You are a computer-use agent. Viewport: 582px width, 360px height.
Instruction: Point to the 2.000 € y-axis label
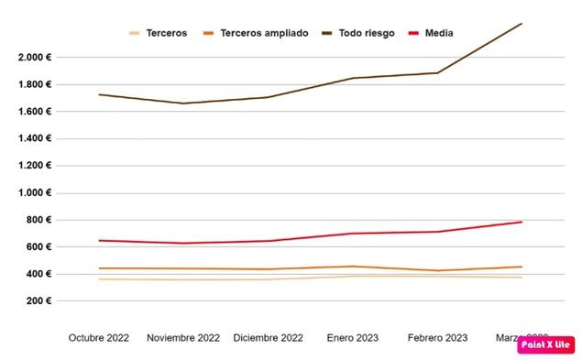[x=35, y=58]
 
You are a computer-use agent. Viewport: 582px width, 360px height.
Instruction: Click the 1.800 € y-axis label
[x=35, y=85]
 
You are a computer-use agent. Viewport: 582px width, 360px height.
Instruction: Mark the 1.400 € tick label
[x=35, y=139]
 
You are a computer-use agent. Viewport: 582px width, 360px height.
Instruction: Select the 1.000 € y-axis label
[x=35, y=193]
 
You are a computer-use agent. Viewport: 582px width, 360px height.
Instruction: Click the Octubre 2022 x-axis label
[x=99, y=338]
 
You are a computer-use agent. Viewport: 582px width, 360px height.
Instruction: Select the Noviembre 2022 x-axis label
[x=183, y=338]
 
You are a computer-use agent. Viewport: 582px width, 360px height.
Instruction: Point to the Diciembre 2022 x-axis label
[x=269, y=338]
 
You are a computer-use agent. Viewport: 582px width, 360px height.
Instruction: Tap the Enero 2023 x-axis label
[x=353, y=338]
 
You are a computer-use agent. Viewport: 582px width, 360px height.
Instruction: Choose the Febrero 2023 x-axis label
[x=437, y=338]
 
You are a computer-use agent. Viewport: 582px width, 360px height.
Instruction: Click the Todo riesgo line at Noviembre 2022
[x=183, y=104]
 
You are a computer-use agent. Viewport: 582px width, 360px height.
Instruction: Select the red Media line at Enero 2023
[x=353, y=234]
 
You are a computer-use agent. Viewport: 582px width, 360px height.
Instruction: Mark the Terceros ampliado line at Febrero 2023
[x=437, y=270]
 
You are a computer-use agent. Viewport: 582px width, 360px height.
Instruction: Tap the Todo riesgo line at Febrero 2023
[x=437, y=72]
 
